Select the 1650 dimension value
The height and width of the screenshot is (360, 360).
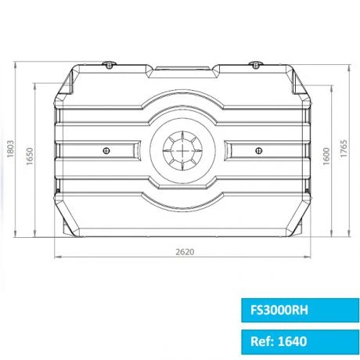tap(30, 157)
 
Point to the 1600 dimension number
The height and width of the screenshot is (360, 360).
tap(323, 157)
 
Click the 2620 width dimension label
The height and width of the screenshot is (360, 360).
tap(185, 252)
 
